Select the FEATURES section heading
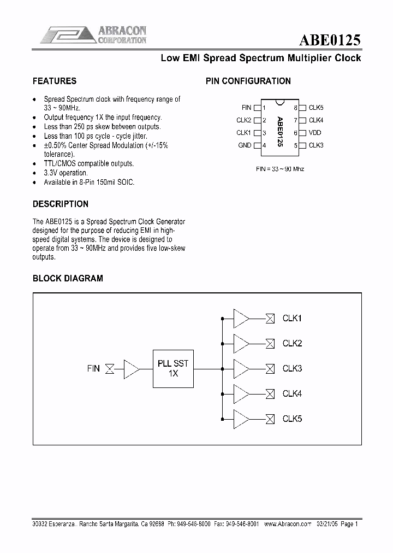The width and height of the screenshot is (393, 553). click(55, 81)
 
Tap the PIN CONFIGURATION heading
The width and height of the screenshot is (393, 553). click(248, 81)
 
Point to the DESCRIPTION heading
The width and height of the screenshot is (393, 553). click(61, 204)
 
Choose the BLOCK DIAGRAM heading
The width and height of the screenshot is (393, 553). click(68, 278)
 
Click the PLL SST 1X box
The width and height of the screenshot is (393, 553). click(173, 369)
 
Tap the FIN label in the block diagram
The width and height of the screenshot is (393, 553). click(93, 369)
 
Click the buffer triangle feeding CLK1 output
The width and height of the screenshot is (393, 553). click(241, 318)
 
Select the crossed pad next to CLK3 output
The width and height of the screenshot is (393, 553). click(270, 369)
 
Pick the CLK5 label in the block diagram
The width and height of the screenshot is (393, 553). click(292, 419)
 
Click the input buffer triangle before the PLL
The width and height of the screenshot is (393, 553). click(132, 369)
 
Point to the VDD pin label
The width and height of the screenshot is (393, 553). click(315, 133)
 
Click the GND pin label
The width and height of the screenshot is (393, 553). click(245, 145)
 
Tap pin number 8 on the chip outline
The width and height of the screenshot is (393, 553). click(295, 108)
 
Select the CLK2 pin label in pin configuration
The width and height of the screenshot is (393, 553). click(243, 120)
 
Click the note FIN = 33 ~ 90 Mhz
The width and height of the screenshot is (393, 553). click(280, 169)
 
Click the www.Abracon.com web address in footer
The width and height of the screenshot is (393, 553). click(287, 523)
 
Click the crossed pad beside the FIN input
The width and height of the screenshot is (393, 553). click(110, 369)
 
